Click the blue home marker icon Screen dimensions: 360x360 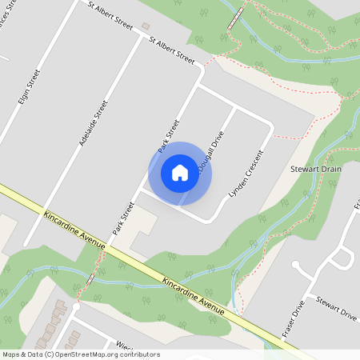179,173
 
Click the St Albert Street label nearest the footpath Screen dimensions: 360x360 173,50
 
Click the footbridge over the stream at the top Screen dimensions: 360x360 235,18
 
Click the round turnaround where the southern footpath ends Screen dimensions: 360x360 76,306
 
